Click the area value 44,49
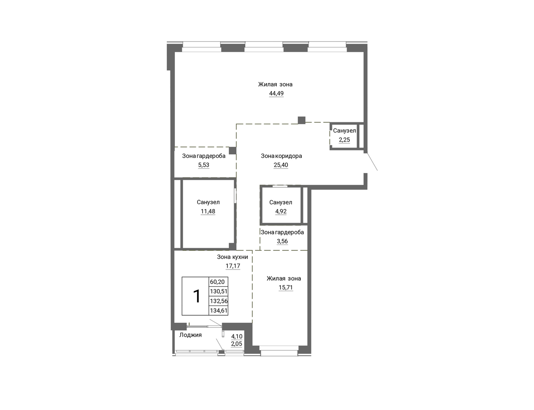[276, 93]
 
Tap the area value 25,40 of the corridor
[281, 165]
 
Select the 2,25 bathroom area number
[344, 140]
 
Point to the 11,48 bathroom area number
[208, 211]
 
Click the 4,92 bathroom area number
[281, 211]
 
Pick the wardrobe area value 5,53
[204, 165]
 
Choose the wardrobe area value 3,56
[283, 241]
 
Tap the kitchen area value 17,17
[233, 265]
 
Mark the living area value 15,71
[286, 287]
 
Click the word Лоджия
[190, 335]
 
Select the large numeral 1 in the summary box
[197, 296]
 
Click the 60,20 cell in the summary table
[218, 282]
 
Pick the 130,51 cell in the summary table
[218, 291]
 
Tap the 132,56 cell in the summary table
[218, 301]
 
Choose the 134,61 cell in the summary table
[218, 310]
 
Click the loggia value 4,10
[237, 336]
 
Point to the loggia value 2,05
[237, 344]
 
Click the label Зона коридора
[281, 156]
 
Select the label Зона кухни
[232, 257]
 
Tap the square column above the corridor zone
[302, 120]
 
